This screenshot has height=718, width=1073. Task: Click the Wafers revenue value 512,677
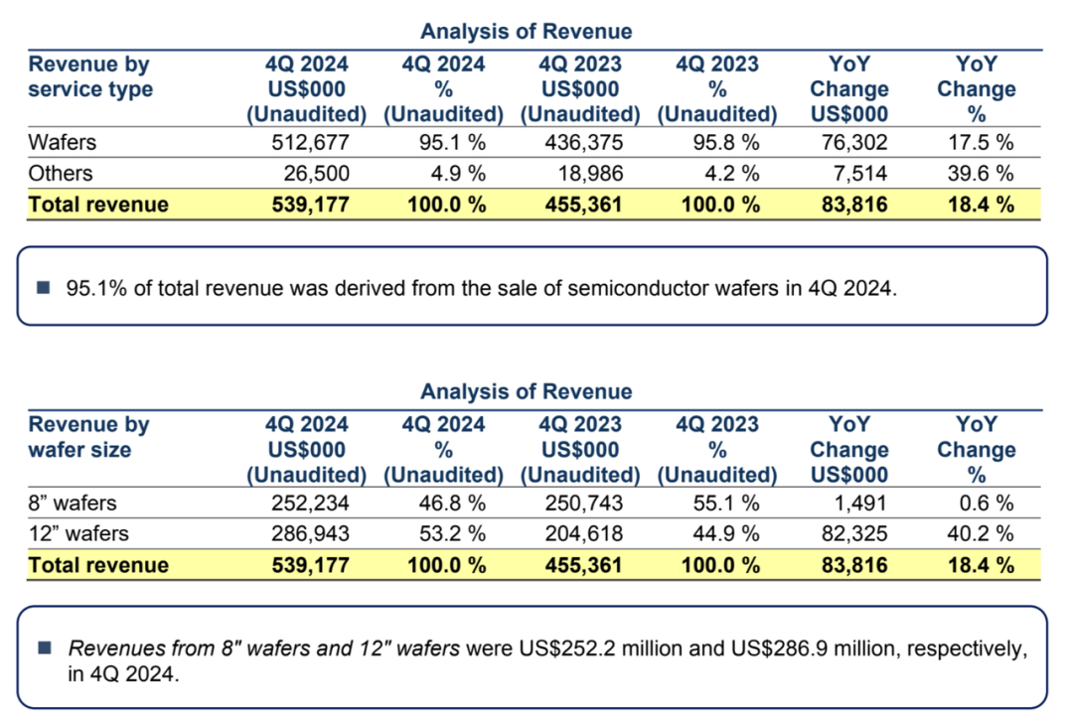point(310,142)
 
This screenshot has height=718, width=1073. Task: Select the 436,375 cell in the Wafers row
point(584,142)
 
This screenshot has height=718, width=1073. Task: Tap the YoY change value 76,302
point(854,142)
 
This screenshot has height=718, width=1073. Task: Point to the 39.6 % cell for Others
point(980,173)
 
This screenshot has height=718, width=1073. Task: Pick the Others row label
point(61,173)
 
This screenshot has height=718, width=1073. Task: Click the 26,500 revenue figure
point(316,173)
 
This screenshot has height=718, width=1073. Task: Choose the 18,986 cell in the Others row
point(590,173)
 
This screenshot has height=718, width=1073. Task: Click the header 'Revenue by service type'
point(90,76)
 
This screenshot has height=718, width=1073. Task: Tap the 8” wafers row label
point(72,503)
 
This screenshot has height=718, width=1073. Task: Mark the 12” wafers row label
point(78,533)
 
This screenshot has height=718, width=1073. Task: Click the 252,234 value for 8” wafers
point(310,503)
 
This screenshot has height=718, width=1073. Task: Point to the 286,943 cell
point(310,533)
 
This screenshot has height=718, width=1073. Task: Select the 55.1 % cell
point(726,503)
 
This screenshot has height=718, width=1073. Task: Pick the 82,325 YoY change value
point(854,533)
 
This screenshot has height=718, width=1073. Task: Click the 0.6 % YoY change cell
point(987,503)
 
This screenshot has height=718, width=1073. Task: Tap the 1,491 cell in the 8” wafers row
point(860,503)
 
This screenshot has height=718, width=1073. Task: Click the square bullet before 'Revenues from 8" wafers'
point(45,647)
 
